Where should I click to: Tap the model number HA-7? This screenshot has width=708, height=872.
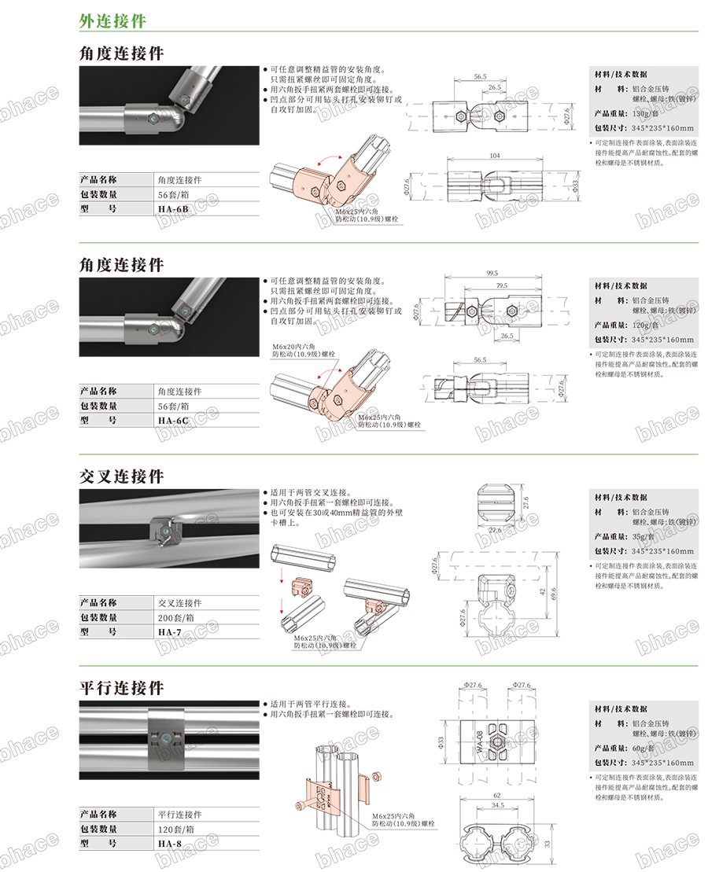point(168,631)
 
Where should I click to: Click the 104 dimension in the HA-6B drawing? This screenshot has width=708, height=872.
point(494,156)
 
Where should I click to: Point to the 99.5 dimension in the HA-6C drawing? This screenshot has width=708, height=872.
point(492,274)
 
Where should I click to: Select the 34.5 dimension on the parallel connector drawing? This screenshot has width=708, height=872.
point(496,805)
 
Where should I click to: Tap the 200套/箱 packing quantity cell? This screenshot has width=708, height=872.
point(176,617)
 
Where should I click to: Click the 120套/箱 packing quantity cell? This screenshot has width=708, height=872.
point(176,829)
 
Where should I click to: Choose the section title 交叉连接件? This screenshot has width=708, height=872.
point(122,476)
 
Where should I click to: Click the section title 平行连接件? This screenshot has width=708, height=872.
point(122,687)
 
